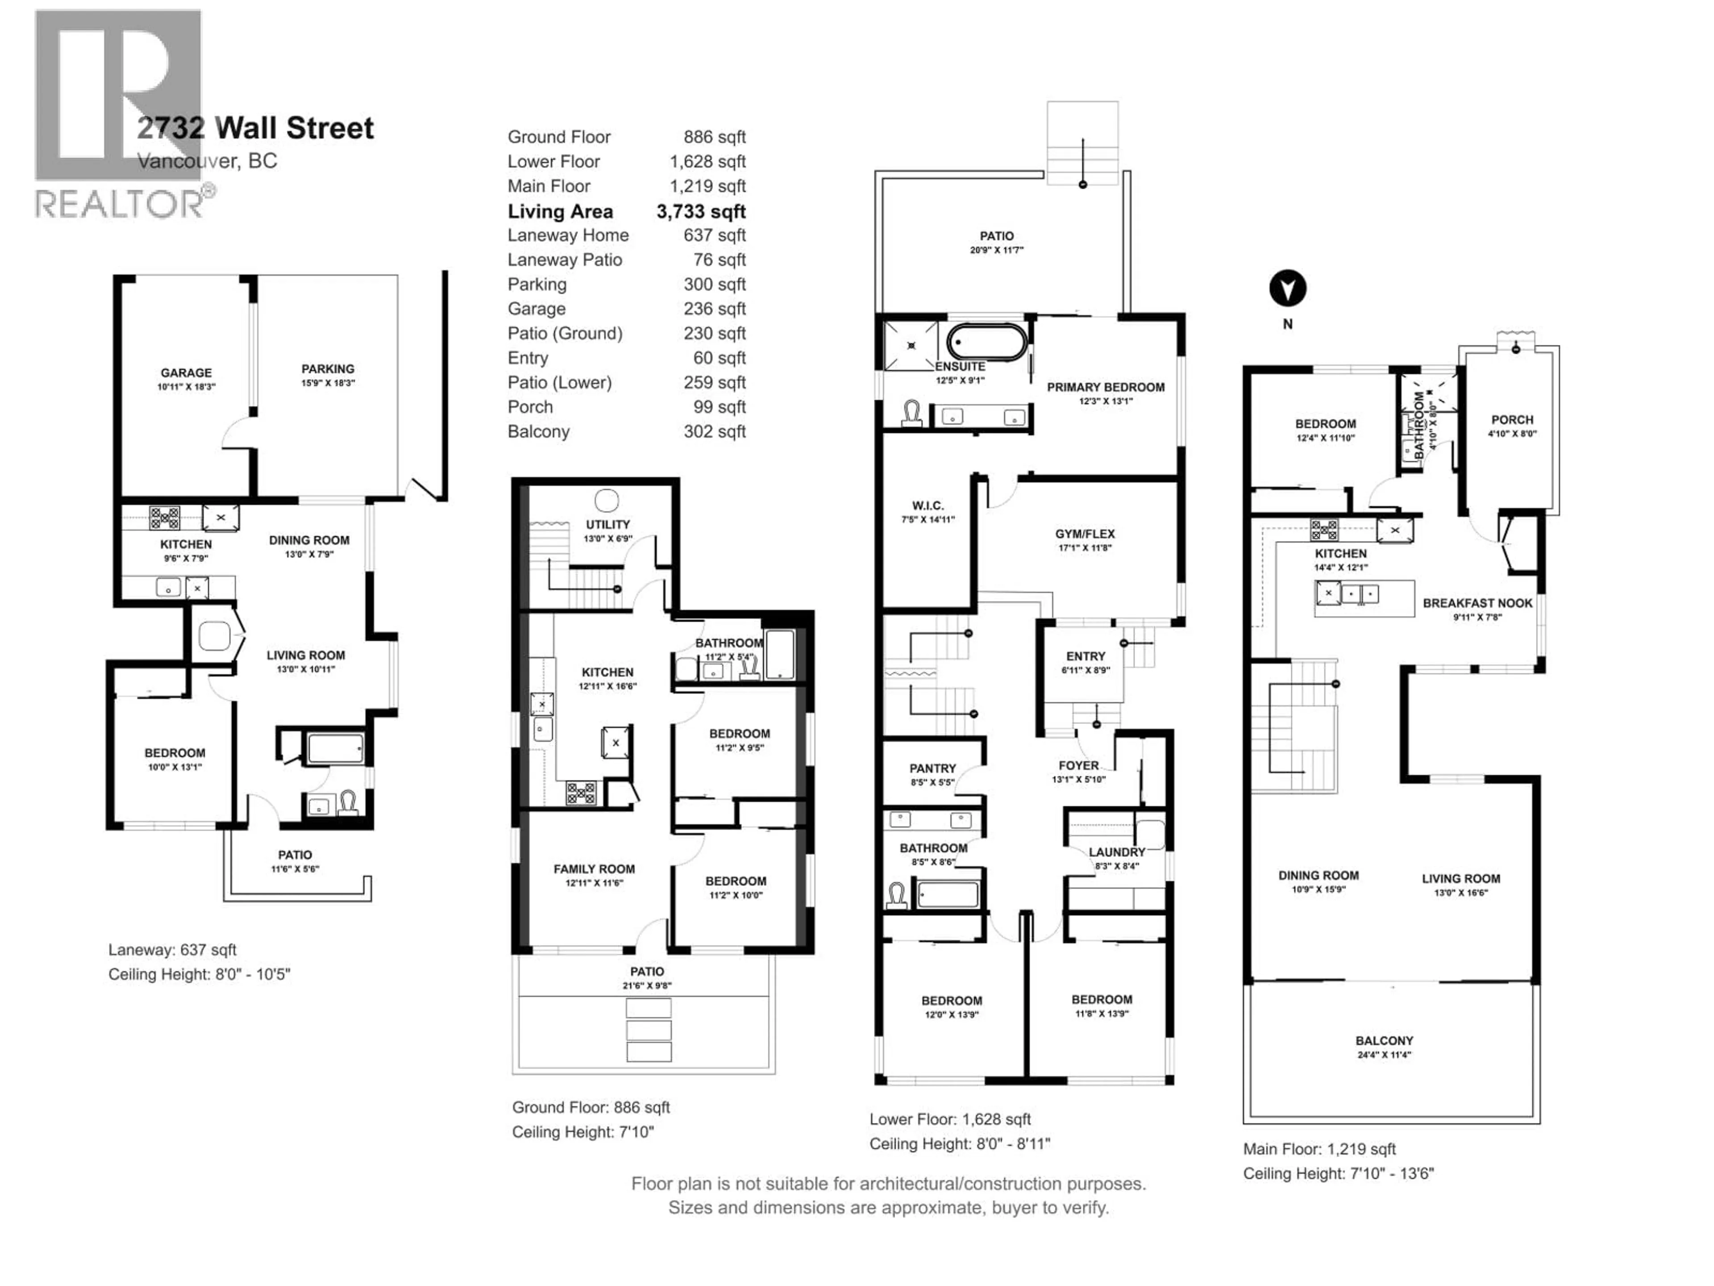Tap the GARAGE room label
coord(186,373)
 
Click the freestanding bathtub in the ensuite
coord(986,342)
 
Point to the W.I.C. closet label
coord(928,505)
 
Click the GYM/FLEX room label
coord(1084,534)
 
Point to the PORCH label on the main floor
coord(1512,420)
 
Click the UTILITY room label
coord(607,525)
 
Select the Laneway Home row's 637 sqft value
coord(715,236)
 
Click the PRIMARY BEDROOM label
coord(1105,388)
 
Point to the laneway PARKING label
coord(328,369)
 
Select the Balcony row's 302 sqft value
coord(715,432)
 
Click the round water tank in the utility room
coord(607,500)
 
